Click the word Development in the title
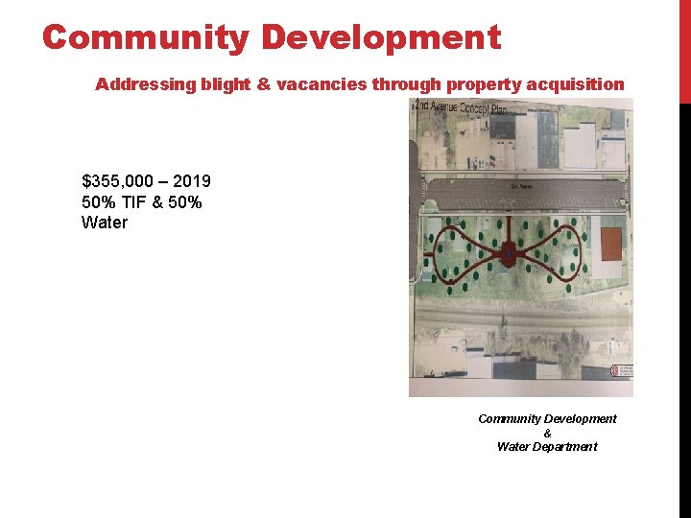pos(380,38)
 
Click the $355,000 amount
pos(119,181)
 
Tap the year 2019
pos(192,181)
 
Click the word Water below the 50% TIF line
pos(105,223)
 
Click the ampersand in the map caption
pos(547,433)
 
